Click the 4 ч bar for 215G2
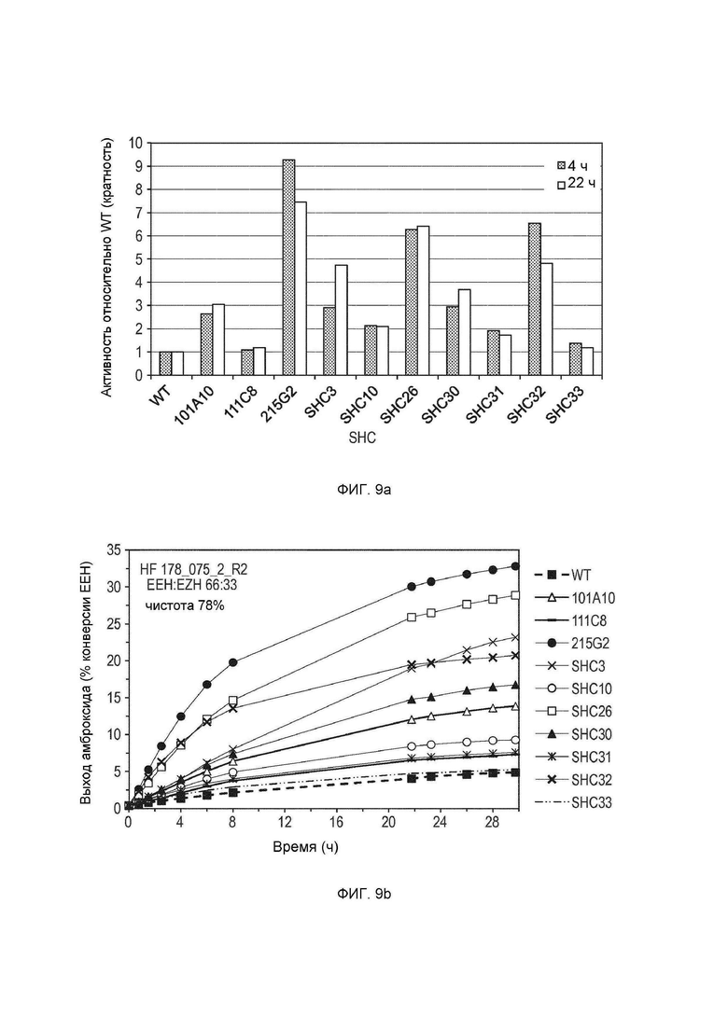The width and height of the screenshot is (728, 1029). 288,267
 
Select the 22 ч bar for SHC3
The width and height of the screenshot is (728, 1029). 342,320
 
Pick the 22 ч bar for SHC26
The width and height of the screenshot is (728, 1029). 424,300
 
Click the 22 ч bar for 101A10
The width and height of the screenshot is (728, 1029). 218,340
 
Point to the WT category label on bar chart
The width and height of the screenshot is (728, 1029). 161,396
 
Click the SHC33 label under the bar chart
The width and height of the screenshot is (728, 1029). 565,406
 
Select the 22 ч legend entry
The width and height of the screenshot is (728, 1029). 577,185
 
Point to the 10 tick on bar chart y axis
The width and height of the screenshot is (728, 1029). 135,143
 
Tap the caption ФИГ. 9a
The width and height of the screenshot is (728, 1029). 364,489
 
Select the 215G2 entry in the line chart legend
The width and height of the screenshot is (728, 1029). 570,643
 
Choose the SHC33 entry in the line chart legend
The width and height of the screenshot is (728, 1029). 573,802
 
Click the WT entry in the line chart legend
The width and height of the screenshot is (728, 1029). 563,575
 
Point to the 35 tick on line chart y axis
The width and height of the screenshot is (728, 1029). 113,549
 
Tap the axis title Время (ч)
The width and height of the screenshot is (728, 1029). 306,847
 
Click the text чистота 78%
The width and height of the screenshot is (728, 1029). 185,605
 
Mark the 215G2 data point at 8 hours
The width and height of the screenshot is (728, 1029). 232,662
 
